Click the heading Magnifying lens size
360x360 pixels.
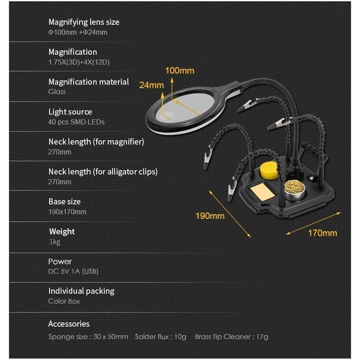pos(84,22)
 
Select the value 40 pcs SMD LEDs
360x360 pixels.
pos(76,122)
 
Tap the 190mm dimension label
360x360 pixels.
pos(210,215)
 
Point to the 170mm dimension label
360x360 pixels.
pos(322,233)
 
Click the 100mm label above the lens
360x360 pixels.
pos(180,71)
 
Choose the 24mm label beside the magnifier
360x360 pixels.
pos(151,85)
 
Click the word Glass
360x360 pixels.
pos(57,92)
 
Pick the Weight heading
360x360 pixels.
pos(62,231)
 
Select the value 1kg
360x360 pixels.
pos(55,242)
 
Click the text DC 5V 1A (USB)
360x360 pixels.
pos(73,271)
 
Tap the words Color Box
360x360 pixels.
pos(64,301)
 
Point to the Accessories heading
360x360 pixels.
pos(69,324)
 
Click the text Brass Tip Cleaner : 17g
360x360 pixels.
pos(231,336)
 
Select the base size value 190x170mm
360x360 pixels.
pos(67,212)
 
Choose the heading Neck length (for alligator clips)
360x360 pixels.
pos(103,171)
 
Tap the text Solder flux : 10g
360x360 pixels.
pos(161,336)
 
